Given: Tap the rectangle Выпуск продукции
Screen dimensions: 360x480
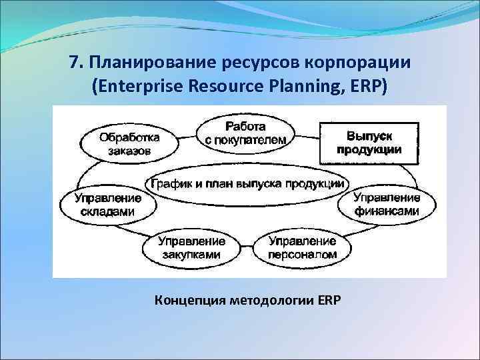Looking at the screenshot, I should [x=369, y=143].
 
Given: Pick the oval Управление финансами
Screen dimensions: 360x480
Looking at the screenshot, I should [x=386, y=204].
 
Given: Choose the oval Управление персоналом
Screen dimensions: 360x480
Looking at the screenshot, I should [x=302, y=247].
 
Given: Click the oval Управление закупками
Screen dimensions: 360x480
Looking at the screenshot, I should [x=191, y=247].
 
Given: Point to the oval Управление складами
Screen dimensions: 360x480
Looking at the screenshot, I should [x=107, y=204].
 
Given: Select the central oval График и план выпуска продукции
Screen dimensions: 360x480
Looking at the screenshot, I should [x=247, y=183].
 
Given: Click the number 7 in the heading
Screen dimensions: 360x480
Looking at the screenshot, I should [x=73, y=64].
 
